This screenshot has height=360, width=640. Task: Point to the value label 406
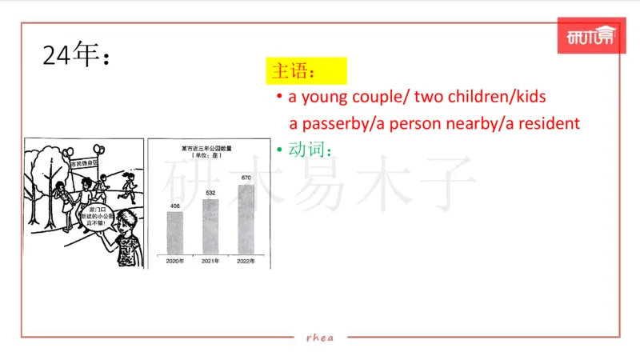[x=174, y=206]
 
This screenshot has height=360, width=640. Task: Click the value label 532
[x=210, y=194]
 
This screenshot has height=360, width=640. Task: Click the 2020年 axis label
[x=174, y=261]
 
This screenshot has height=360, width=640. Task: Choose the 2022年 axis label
[x=246, y=261]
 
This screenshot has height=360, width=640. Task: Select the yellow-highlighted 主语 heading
[x=306, y=70]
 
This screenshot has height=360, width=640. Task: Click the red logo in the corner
[x=590, y=38]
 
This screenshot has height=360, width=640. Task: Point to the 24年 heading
[x=74, y=56]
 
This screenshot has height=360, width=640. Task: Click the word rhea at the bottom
[x=320, y=337]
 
